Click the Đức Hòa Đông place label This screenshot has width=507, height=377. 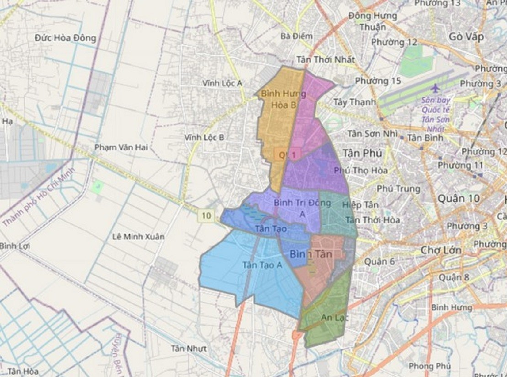[x=65, y=38]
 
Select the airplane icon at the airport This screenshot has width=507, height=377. [x=435, y=87]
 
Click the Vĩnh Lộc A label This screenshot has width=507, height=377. [x=222, y=83]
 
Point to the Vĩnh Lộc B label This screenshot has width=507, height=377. [x=204, y=137]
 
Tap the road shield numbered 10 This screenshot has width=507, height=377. [x=207, y=216]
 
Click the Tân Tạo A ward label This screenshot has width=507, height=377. [x=262, y=265]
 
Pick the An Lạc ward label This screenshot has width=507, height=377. [x=332, y=317]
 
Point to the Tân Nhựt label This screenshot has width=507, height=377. [x=189, y=349]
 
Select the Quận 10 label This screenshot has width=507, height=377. [x=459, y=198]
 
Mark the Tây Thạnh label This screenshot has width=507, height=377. [x=354, y=102]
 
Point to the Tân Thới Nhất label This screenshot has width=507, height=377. [x=325, y=60]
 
